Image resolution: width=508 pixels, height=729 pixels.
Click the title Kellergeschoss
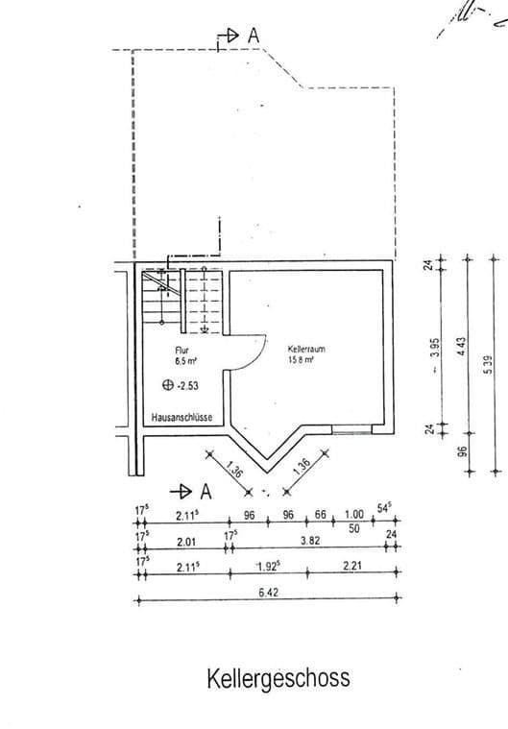point(278,679)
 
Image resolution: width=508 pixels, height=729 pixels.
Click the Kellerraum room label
point(306,350)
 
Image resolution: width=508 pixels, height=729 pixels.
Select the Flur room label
point(181,352)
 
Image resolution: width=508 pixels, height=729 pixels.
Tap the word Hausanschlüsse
point(181,419)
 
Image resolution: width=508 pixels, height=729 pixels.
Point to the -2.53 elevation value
point(189,386)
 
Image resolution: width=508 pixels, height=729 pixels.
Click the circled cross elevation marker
point(168,386)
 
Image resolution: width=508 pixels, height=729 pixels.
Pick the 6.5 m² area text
point(184,363)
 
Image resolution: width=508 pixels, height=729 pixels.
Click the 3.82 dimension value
point(310,541)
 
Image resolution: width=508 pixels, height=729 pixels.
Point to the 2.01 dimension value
point(186,541)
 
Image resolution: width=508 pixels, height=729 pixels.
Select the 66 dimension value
point(320,515)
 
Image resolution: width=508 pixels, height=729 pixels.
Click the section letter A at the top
point(254,35)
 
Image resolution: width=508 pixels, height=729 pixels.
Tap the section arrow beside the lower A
point(179,491)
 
